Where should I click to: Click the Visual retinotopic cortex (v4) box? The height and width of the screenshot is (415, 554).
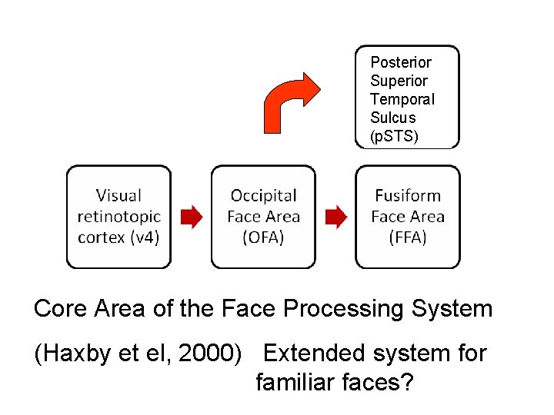118,217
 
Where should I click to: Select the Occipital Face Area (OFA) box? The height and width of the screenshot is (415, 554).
263,217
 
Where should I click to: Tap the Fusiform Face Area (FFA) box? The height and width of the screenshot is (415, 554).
407,217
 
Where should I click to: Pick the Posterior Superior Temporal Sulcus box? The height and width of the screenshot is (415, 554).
407,97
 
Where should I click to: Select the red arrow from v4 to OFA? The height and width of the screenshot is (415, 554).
191,217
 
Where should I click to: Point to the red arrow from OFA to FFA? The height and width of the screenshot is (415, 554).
335,217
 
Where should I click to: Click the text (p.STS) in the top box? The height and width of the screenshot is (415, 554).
394,136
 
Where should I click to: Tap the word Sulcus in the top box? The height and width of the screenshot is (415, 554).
392,118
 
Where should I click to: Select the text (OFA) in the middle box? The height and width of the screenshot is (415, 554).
263,237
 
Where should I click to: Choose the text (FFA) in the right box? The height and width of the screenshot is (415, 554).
408,237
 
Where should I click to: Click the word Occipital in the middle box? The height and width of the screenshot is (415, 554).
263,196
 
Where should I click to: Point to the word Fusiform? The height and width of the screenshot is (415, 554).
408,196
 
